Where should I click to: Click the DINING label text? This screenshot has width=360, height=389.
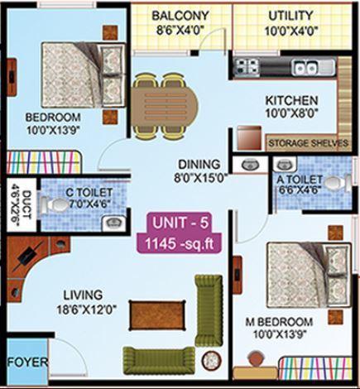(x=198, y=163)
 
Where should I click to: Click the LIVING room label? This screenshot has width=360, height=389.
(x=80, y=294)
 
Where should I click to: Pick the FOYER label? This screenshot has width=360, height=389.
(x=27, y=363)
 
